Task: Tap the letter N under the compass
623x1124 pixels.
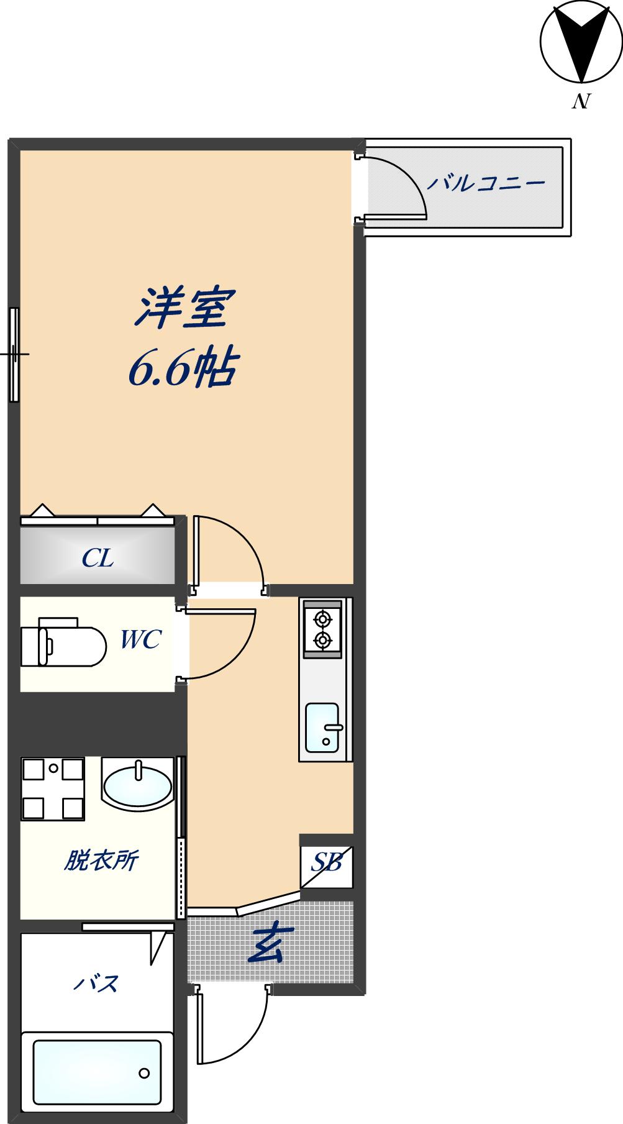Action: tap(580, 101)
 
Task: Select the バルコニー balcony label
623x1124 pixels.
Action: tap(485, 183)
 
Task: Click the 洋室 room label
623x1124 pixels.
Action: tap(184, 308)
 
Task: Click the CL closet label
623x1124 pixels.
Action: tap(98, 559)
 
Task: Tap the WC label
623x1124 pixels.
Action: tap(140, 639)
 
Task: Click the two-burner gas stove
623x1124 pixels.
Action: tap(322, 629)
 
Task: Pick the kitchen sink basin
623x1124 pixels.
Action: tap(322, 726)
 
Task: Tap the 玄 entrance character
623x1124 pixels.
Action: tap(267, 946)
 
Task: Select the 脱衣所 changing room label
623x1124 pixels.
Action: tap(101, 861)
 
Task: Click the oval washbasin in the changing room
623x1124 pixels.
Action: tap(137, 785)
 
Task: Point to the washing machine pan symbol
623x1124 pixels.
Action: tap(53, 788)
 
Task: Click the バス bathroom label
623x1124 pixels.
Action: tap(97, 984)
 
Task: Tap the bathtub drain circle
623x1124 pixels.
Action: tap(145, 1073)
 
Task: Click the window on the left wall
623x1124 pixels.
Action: tap(14, 355)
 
